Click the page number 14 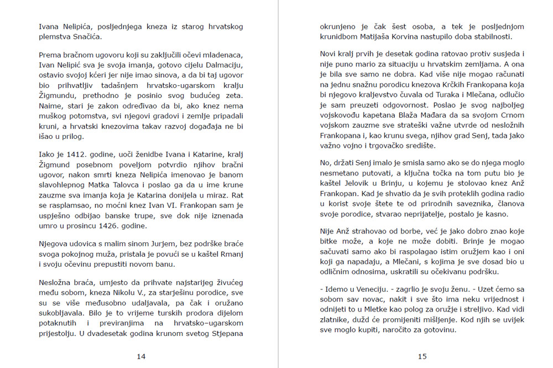click(141, 356)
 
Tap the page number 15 click(422, 356)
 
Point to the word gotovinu click(438, 330)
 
